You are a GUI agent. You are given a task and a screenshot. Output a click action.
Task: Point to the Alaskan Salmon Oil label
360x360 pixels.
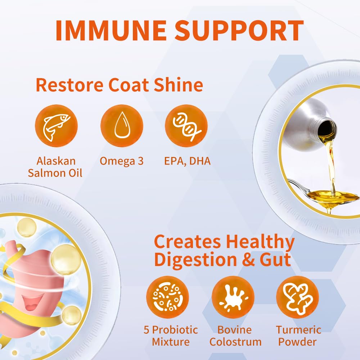pos(55,167)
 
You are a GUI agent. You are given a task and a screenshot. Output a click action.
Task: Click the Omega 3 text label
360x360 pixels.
pos(122,161)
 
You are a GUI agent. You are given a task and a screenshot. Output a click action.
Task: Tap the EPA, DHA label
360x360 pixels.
pos(187,161)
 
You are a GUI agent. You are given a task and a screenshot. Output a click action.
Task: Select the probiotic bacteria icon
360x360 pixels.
pos(167,297)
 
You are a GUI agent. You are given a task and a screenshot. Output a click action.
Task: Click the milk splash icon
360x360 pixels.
pos(233,297)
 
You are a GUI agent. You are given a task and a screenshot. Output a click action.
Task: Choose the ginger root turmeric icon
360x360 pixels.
pos(297,297)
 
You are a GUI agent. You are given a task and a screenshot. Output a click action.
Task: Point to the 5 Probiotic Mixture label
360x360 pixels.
pos(171,336)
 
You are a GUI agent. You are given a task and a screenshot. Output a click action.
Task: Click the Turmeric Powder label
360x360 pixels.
pos(298,336)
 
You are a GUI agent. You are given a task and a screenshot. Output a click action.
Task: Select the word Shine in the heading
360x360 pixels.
pos(179,85)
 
